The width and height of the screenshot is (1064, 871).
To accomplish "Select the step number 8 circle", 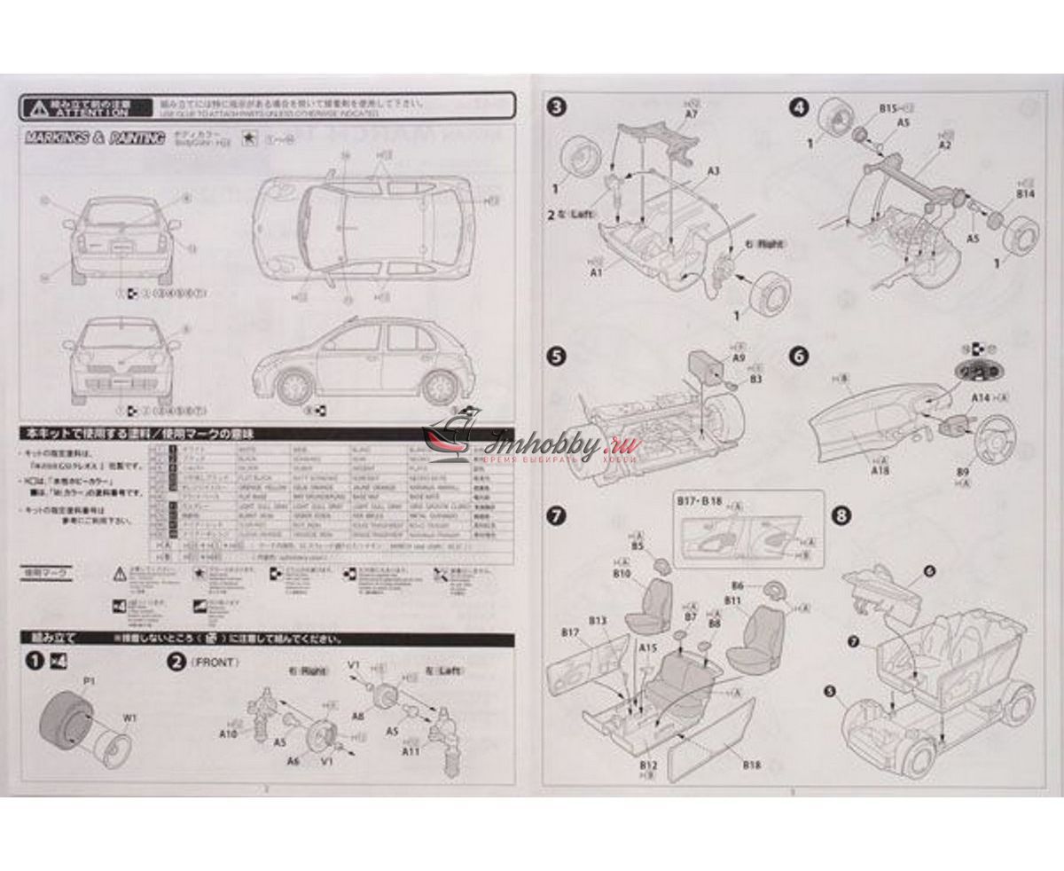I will pos(841,514).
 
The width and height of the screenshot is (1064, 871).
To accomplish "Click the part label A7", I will pos(692,114).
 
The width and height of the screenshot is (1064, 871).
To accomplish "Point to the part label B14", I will pos(1026,192).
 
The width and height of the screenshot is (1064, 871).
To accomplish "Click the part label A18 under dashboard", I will pos(880,472).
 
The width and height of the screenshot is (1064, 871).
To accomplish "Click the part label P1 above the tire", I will pos(89,680).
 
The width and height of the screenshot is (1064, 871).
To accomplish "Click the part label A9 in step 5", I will pos(739,361).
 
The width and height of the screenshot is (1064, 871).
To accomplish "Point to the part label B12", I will pos(646,764).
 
